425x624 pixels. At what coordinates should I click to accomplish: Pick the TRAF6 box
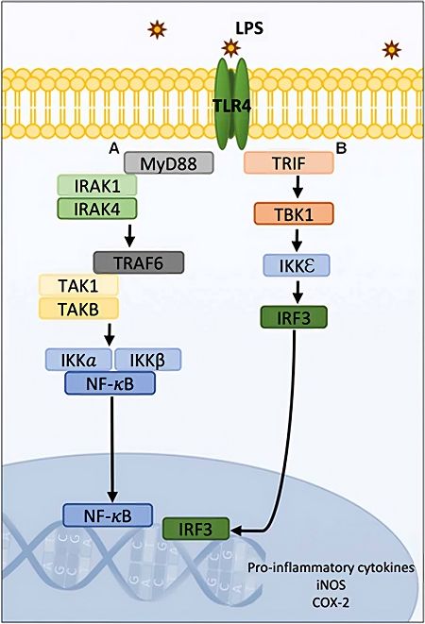(139, 261)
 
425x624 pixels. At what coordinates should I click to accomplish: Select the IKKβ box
(147, 360)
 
